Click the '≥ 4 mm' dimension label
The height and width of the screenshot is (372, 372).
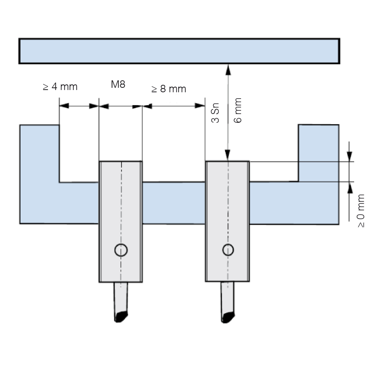pos(60,87)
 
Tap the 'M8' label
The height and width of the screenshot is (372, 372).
pos(118,84)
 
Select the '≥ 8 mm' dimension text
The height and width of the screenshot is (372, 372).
pos(169,89)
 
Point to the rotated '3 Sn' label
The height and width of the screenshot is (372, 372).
pos(215,113)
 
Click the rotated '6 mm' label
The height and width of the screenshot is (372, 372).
pos(237,110)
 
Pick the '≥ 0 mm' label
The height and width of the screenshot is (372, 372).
pos(360,211)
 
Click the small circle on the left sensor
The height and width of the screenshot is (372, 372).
pos(121,250)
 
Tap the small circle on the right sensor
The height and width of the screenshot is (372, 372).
pos(228,250)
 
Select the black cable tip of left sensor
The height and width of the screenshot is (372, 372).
pos(121,317)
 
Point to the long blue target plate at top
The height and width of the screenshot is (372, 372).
pos(179,51)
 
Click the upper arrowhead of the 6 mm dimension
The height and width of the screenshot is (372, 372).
pos(228,70)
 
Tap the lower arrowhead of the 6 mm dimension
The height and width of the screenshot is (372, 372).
pos(228,155)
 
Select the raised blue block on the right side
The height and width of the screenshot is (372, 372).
pos(318,153)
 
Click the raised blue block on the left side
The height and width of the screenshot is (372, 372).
pos(39,153)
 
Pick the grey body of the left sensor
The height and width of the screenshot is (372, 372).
pos(121,222)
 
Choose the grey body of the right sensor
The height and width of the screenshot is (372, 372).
pos(227,221)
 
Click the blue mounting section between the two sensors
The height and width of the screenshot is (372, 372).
pos(174,203)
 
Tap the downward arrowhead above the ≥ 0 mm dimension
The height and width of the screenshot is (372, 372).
pos(349,156)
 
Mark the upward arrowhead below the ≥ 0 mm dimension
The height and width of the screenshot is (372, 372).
pos(350,188)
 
